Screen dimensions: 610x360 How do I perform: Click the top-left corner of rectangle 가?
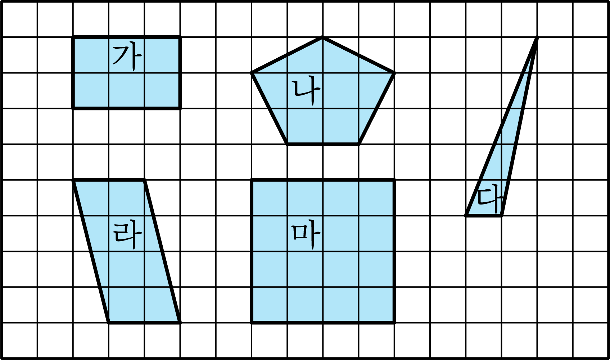point(73,37)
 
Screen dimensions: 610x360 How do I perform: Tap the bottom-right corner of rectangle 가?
point(180,108)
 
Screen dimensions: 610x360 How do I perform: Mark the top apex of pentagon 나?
point(323,37)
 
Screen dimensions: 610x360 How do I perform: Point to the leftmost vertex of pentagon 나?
point(252,73)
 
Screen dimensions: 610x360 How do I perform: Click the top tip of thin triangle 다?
point(537,37)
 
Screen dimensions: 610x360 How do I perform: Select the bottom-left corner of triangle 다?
point(466,216)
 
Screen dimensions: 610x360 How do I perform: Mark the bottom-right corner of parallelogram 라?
point(180,323)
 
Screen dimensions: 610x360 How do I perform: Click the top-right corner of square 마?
point(394,180)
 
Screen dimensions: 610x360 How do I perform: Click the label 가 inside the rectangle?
point(127,57)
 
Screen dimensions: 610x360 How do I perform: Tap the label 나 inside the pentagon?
point(306,90)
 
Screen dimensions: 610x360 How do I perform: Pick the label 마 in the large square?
point(306,235)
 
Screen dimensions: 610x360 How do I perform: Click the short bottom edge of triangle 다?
point(484,216)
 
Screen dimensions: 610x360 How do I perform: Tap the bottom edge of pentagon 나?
point(323,144)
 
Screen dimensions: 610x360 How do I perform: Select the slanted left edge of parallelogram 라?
point(91,251)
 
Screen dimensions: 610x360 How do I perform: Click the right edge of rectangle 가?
point(180,73)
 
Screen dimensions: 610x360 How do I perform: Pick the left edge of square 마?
point(252,251)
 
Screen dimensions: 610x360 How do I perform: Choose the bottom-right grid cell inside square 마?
point(376,305)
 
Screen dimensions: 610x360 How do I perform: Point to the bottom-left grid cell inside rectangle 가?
point(91,90)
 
